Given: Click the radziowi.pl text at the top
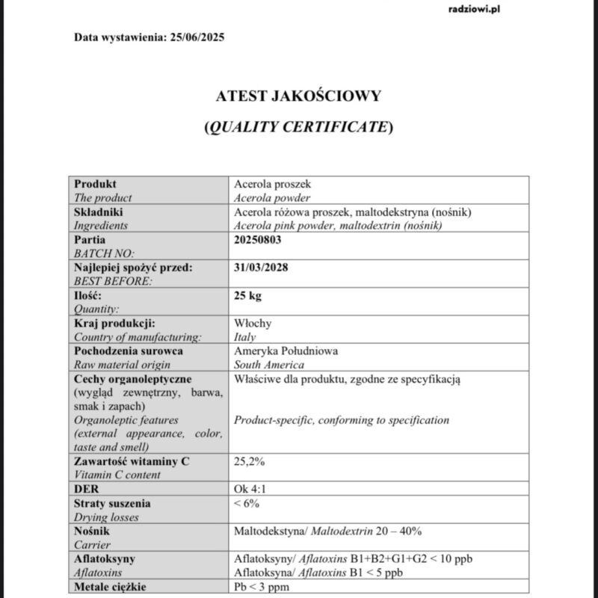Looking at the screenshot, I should pyautogui.click(x=473, y=10).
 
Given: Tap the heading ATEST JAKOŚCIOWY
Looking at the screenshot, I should pyautogui.click(x=298, y=96).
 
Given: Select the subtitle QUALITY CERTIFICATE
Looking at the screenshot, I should pyautogui.click(x=298, y=126).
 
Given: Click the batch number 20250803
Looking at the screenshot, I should pyautogui.click(x=259, y=240).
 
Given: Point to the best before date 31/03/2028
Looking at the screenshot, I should pyautogui.click(x=262, y=268).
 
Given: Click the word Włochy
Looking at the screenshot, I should pyautogui.click(x=253, y=323).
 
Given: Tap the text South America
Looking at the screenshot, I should pyautogui.click(x=269, y=365).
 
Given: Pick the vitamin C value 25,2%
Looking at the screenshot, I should pyautogui.click(x=250, y=461).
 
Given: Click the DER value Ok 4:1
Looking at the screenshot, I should pyautogui.click(x=250, y=489).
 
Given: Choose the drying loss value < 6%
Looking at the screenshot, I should pyautogui.click(x=247, y=503).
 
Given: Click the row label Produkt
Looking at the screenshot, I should pyautogui.click(x=96, y=184).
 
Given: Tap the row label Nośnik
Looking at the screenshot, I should pyautogui.click(x=93, y=531).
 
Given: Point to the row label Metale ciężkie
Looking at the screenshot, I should pyautogui.click(x=109, y=587).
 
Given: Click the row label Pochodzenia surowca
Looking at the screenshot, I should pyautogui.click(x=129, y=351).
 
